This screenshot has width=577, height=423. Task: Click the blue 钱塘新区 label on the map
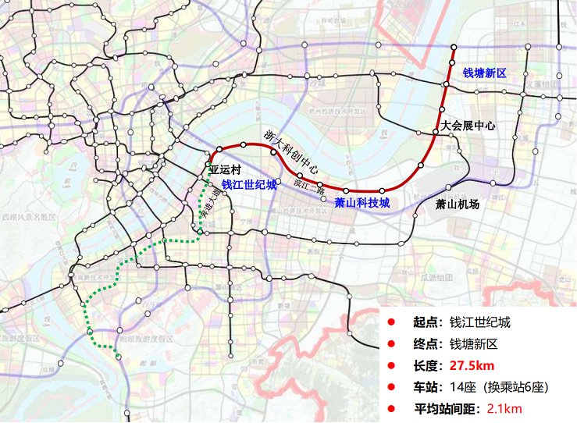485,73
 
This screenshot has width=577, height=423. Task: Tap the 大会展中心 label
468,125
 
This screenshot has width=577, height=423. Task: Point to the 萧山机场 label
458,204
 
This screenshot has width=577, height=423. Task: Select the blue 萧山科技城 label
362,203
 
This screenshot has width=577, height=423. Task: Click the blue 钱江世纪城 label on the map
249,185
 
